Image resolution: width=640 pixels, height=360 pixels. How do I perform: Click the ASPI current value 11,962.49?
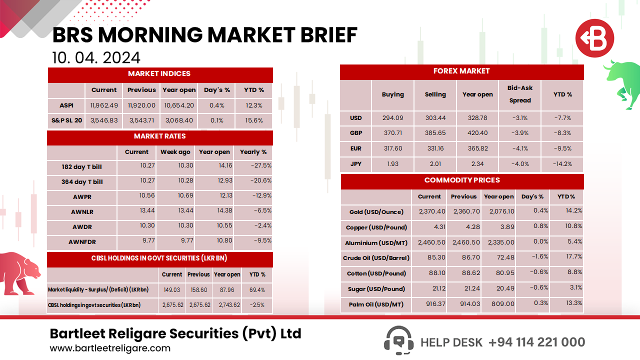(104, 105)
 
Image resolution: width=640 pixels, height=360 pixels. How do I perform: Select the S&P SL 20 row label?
(66, 121)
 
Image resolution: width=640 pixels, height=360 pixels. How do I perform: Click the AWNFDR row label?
(81, 242)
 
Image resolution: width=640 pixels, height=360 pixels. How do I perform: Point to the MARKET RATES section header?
(160, 136)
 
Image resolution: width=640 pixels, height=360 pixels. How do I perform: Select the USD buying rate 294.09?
(392, 118)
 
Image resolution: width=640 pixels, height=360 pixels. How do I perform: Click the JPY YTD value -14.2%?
(562, 163)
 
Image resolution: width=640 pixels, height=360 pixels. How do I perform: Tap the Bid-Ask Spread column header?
(520, 94)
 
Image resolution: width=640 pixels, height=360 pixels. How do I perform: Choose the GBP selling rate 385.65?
(435, 133)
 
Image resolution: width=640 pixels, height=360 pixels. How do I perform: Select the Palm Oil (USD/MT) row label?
(376, 304)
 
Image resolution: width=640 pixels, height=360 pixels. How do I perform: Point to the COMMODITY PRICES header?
(462, 180)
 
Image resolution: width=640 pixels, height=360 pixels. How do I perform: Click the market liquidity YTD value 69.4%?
(257, 290)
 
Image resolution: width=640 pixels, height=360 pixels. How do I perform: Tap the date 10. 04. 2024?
(96, 57)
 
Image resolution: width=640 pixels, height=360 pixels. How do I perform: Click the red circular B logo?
(594, 38)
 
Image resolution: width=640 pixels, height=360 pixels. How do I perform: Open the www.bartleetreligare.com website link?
(110, 348)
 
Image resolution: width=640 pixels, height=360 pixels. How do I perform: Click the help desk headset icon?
(398, 340)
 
